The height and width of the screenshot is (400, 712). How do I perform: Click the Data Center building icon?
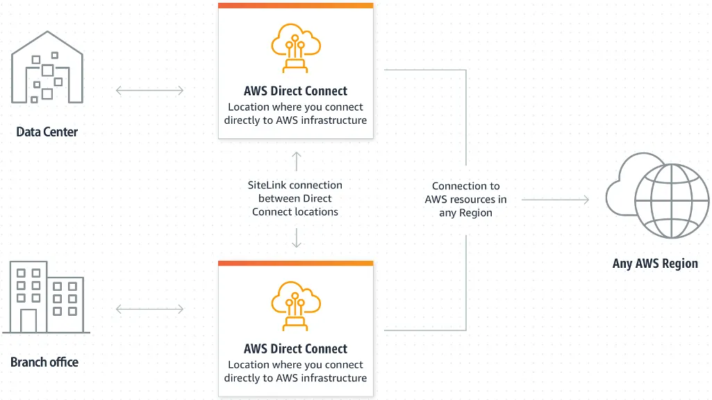coord(47,70)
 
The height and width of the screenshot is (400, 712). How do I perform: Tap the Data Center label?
coord(47,131)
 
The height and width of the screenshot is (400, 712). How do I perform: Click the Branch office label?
coord(44,362)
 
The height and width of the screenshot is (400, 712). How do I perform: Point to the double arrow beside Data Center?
coord(150,90)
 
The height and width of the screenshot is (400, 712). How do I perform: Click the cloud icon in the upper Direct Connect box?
coord(295,48)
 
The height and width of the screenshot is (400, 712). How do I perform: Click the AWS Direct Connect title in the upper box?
coord(295,91)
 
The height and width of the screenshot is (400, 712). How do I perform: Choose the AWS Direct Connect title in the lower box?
coord(295,349)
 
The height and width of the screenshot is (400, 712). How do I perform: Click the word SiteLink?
coord(267,185)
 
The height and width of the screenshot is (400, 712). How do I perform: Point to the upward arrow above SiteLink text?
coord(297,161)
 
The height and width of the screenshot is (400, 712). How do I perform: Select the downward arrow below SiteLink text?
coord(297,239)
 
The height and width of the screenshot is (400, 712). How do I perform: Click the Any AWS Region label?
coord(655,264)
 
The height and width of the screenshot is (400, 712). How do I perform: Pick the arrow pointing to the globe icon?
coord(555,200)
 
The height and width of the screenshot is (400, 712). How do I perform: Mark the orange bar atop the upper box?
coord(295,6)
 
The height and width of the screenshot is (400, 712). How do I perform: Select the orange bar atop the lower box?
coord(295,264)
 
